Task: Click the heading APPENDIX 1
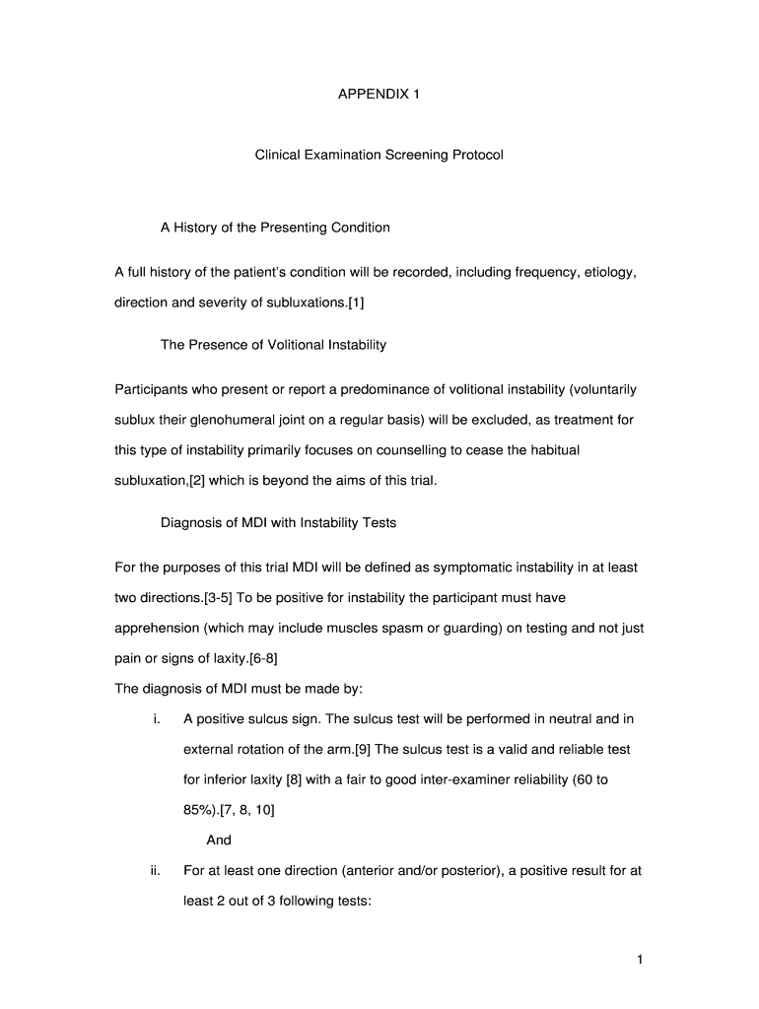coord(379,95)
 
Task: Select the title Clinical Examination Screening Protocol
coord(379,156)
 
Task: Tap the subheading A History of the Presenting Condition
coord(275,228)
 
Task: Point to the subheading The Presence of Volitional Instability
coord(273,345)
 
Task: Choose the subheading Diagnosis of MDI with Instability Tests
coord(278,523)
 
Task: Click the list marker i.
coord(157,719)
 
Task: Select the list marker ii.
coord(155,871)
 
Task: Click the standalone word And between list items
coord(219,840)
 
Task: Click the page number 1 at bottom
coord(639,960)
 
